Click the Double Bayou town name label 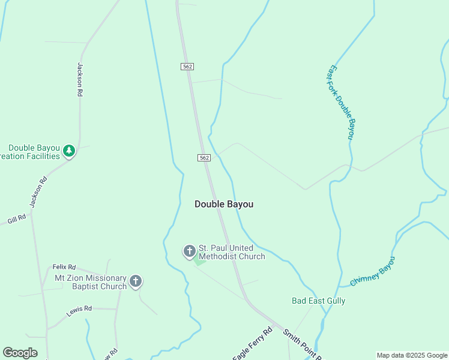point(224,204)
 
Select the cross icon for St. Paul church point(189,250)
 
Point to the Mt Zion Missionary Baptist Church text point(91,282)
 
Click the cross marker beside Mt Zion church point(136,280)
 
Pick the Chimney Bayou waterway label point(373,271)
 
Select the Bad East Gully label point(318,301)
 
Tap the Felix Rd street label point(64,267)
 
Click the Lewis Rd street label point(79,309)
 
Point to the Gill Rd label point(17,219)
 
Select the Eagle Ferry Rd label point(252,344)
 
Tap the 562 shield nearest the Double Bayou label point(204,158)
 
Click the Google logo point(20,353)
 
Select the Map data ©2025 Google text point(411,355)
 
